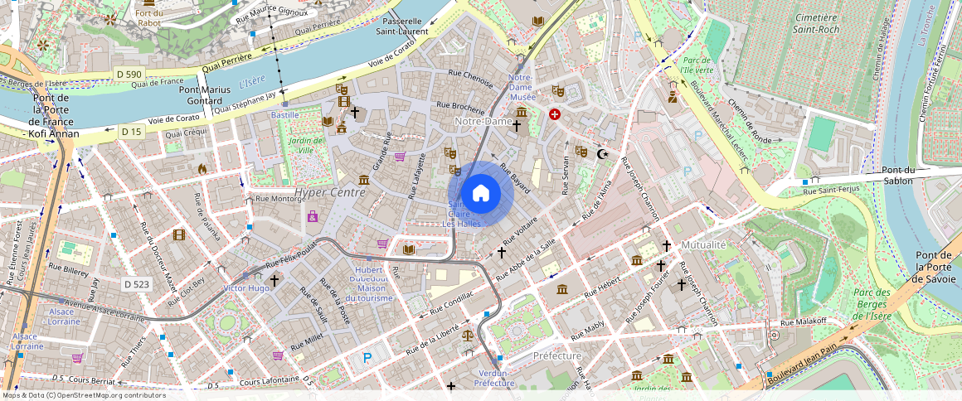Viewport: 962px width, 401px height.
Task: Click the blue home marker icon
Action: tap(480, 193)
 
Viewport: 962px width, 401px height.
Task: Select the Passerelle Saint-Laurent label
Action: tap(402, 26)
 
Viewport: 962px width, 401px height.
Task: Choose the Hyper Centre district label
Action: tap(329, 192)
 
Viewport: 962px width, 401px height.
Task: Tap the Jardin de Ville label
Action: tap(306, 145)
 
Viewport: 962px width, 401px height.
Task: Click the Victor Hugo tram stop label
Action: tap(246, 287)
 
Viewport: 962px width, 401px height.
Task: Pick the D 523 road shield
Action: tap(137, 284)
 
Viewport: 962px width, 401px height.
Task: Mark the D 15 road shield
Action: tap(131, 131)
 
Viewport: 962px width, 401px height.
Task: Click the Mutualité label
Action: tap(703, 244)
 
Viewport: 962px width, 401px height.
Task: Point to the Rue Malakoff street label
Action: tap(804, 321)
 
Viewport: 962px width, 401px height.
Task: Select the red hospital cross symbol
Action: tap(555, 114)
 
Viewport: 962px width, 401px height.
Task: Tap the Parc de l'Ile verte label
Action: tap(697, 65)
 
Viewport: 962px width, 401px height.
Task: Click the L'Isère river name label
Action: tap(251, 81)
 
